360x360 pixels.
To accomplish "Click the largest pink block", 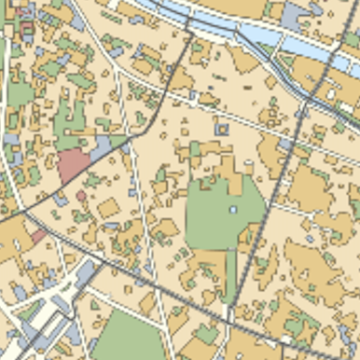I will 74,165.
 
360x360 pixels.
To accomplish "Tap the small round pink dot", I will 81,196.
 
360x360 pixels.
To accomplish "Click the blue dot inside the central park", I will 233,210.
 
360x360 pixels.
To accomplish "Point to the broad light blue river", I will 270,37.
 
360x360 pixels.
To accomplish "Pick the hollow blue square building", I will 222,130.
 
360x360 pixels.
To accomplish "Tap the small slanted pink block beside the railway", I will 37,237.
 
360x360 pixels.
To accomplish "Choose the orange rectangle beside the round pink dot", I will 109,207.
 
